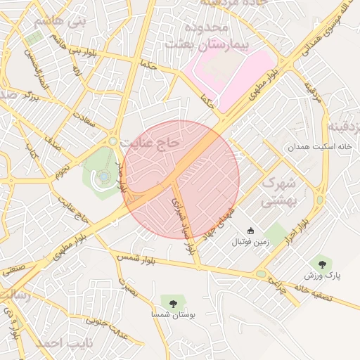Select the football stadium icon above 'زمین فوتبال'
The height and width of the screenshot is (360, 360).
(x=251, y=231)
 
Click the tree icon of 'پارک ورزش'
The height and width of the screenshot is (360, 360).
(x=322, y=264)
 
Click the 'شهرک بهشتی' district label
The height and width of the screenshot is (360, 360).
(x=280, y=191)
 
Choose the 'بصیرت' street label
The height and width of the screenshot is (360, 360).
(x=127, y=288)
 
